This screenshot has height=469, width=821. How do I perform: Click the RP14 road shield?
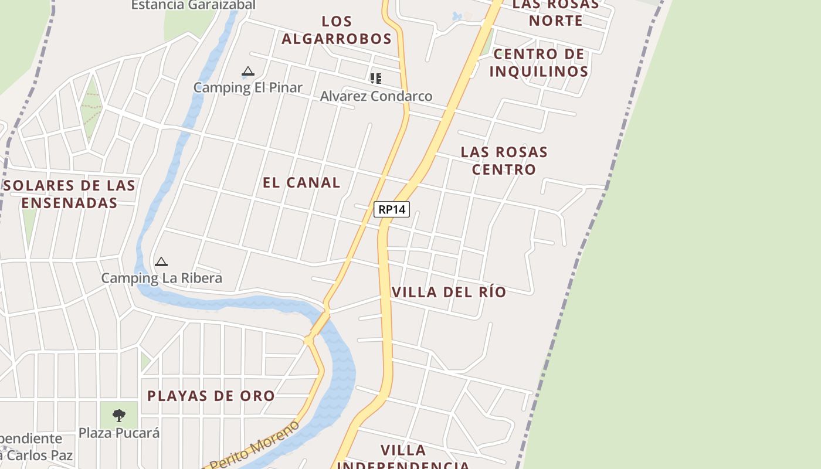(x=392, y=209)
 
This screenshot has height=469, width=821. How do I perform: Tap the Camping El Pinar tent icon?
(x=248, y=72)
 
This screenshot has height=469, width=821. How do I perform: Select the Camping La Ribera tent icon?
(x=161, y=261)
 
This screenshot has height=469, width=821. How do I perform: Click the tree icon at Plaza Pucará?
(x=119, y=416)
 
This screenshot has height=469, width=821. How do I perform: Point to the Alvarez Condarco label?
(x=376, y=96)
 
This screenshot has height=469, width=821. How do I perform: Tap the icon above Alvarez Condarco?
(x=376, y=78)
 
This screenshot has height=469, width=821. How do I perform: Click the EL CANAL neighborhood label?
(x=301, y=182)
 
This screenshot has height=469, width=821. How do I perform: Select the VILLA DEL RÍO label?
(x=449, y=292)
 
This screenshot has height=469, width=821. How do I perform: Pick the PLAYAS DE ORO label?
(x=211, y=396)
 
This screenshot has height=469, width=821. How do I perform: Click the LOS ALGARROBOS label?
(x=337, y=30)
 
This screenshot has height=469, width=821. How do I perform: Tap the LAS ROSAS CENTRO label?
(x=504, y=161)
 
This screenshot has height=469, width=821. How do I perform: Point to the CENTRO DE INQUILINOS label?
(x=539, y=63)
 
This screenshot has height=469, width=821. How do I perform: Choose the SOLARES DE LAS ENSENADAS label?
(x=70, y=194)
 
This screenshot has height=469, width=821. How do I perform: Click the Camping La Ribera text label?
(x=162, y=278)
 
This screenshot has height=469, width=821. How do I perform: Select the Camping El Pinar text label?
(x=248, y=87)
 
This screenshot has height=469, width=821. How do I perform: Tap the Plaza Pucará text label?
(x=119, y=433)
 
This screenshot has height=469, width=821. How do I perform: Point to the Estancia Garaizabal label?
(x=193, y=5)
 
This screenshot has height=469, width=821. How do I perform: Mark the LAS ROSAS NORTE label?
(x=555, y=12)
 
